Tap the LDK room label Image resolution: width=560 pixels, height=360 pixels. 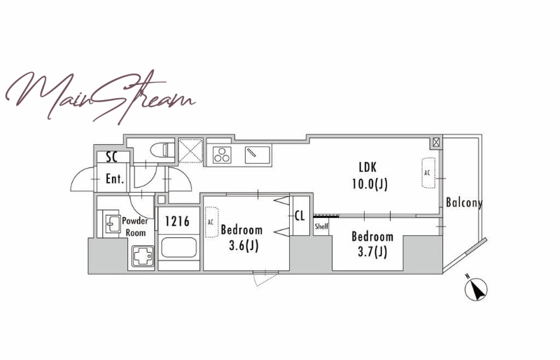click(368, 167)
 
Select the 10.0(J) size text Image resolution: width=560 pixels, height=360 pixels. click(370, 184)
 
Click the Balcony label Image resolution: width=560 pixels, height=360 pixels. click(464, 202)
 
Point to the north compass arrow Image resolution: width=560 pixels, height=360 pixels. click(477, 288)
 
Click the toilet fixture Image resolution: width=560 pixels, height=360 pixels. click(162, 150)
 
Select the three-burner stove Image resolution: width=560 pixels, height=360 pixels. click(222, 155)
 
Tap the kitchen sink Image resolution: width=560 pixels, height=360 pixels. click(258, 155)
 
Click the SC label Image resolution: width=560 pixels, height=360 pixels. click(112, 157)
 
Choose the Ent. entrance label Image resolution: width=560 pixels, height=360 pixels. click(115, 179)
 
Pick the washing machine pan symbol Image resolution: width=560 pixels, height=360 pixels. click(143, 256)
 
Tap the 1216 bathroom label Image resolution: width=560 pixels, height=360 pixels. click(177, 221)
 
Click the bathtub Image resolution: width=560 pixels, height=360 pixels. click(178, 247)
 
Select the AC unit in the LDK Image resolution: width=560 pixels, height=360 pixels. click(428, 173)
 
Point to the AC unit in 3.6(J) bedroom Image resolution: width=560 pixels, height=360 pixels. click(211, 222)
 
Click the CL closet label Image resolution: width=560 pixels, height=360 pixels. click(300, 216)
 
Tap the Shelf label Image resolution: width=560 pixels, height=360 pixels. click(321, 227)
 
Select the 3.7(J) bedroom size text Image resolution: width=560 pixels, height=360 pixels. click(372, 252)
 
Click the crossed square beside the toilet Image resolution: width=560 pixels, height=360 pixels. click(190, 151)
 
